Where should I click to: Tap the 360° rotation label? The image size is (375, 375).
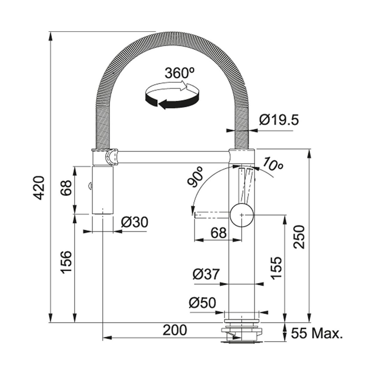(x=179, y=73)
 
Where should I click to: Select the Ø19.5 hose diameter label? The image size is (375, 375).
(x=279, y=120)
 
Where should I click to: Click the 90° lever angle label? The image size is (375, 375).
(x=195, y=177)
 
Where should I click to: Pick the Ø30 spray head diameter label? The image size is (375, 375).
(x=134, y=222)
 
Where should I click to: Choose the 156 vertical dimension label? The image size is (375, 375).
(x=67, y=262)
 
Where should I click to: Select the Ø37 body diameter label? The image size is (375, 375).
(x=206, y=274)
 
